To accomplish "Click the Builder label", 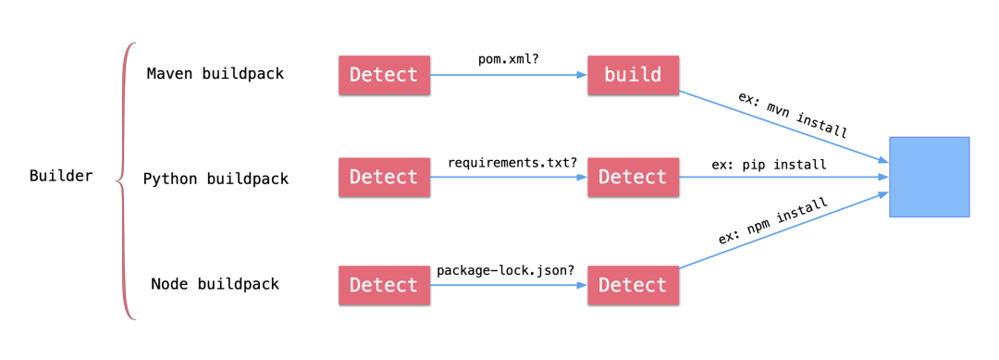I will click(61, 176).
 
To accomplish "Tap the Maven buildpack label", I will click(215, 74).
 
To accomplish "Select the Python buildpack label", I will click(216, 179).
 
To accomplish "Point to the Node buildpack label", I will click(215, 284).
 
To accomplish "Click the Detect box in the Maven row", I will click(384, 75).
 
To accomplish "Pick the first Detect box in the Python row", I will click(384, 178).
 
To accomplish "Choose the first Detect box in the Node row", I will click(384, 285).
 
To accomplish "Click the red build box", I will click(633, 75).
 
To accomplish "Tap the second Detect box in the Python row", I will click(633, 178).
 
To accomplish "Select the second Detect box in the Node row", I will click(633, 285).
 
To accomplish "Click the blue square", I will click(929, 177).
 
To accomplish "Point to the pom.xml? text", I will click(508, 58).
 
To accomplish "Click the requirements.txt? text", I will click(512, 162).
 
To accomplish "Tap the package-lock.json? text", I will click(505, 270).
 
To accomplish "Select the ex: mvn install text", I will click(792, 115).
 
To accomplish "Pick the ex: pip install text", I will click(769, 165).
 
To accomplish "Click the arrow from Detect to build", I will click(509, 75).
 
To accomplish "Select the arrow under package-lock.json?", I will click(509, 285).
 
